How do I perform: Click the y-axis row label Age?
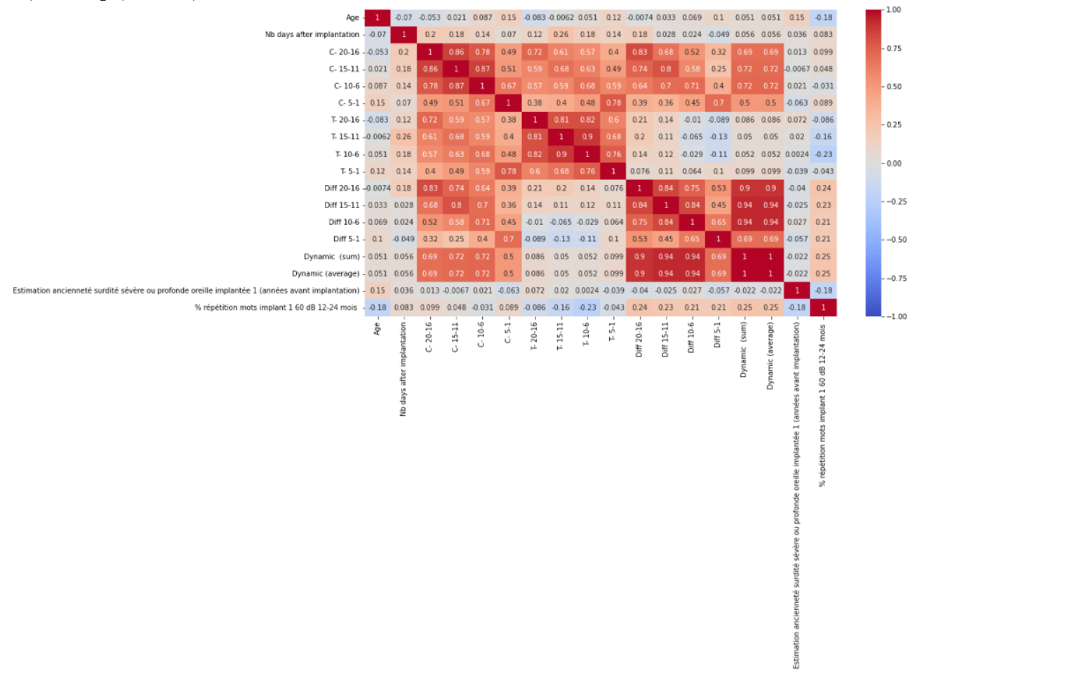pos(353,18)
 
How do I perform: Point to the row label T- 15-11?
pos(345,137)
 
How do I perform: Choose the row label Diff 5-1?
pos(345,239)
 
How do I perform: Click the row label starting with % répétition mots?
pos(277,308)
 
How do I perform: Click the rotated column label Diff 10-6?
pos(692,338)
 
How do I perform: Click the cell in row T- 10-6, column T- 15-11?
pos(561,153)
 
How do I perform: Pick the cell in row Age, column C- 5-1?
pos(509,18)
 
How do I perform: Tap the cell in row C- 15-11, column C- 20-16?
pos(430,69)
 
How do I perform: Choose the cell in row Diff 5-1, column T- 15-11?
pos(561,239)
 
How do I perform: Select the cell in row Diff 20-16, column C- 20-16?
pos(430,188)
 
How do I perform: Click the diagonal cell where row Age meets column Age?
pos(378,18)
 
